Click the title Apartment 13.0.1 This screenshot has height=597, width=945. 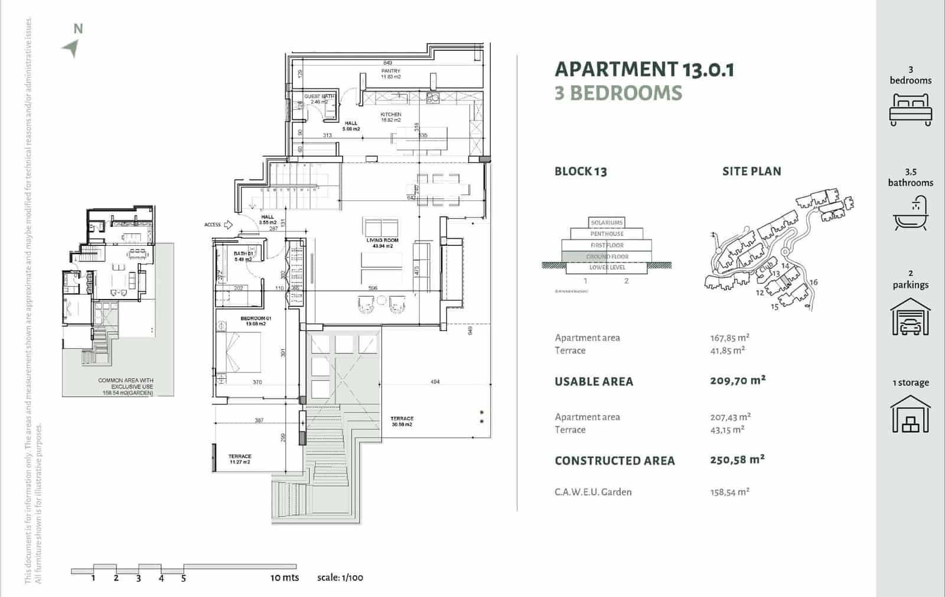644,70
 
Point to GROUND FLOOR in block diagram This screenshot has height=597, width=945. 607,257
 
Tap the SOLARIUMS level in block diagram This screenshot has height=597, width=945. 607,222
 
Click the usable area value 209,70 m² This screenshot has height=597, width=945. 737,381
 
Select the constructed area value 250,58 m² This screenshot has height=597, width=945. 737,459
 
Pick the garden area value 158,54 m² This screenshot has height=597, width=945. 729,492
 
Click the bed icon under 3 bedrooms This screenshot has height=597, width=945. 910,110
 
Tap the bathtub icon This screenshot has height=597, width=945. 910,214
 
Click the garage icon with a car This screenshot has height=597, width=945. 910,317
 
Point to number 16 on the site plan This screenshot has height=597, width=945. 813,282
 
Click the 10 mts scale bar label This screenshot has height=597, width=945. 285,577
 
